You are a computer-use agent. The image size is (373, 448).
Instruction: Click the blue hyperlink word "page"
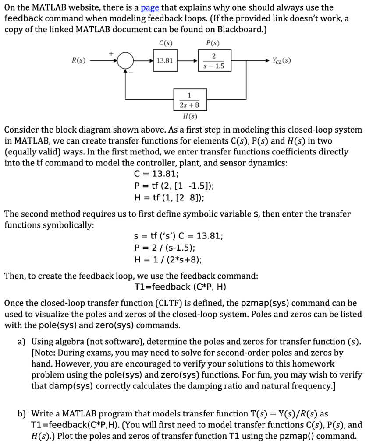[x=150, y=7]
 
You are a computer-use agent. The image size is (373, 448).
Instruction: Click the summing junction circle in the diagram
[x=126, y=60]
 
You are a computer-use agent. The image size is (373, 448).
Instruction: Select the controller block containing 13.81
[x=164, y=60]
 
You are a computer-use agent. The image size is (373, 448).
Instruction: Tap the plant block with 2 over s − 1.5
[x=213, y=60]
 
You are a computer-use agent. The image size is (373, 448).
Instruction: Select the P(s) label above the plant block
[x=213, y=43]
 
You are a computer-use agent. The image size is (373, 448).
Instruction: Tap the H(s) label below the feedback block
[x=189, y=116]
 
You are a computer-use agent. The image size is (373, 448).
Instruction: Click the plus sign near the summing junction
[x=111, y=53]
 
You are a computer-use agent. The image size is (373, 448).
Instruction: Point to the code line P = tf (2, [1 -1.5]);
[x=174, y=185]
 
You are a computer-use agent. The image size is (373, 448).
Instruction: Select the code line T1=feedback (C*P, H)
[x=181, y=287]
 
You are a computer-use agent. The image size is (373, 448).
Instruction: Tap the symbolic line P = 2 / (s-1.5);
[x=168, y=248]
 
